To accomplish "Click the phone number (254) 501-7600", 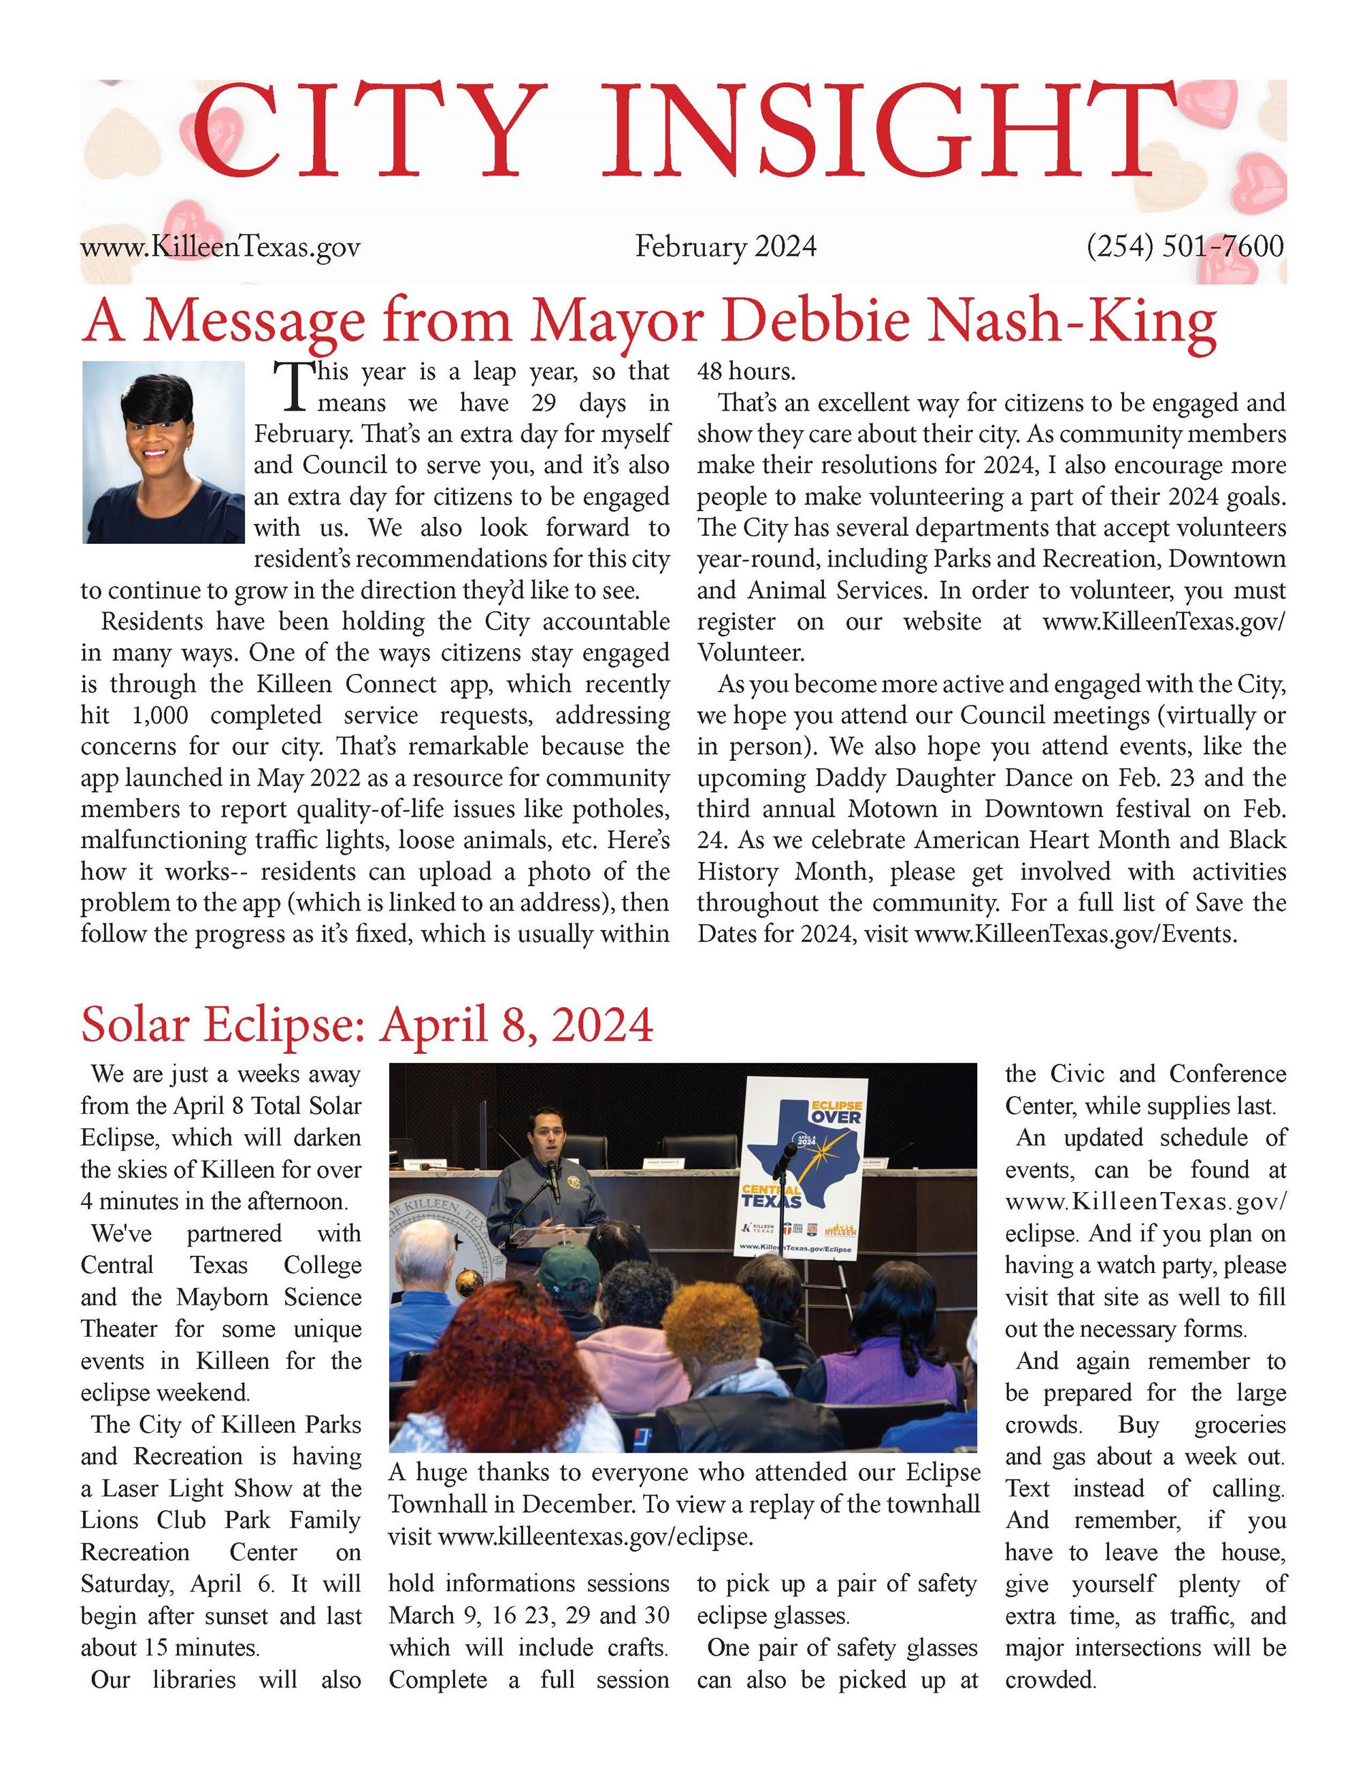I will coord(1185,246).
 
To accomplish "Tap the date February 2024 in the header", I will coord(725,246).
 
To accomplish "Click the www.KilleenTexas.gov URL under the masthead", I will coord(220,246).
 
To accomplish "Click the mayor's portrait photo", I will coord(163,451).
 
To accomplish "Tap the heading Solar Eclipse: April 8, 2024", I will coord(367,1025).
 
